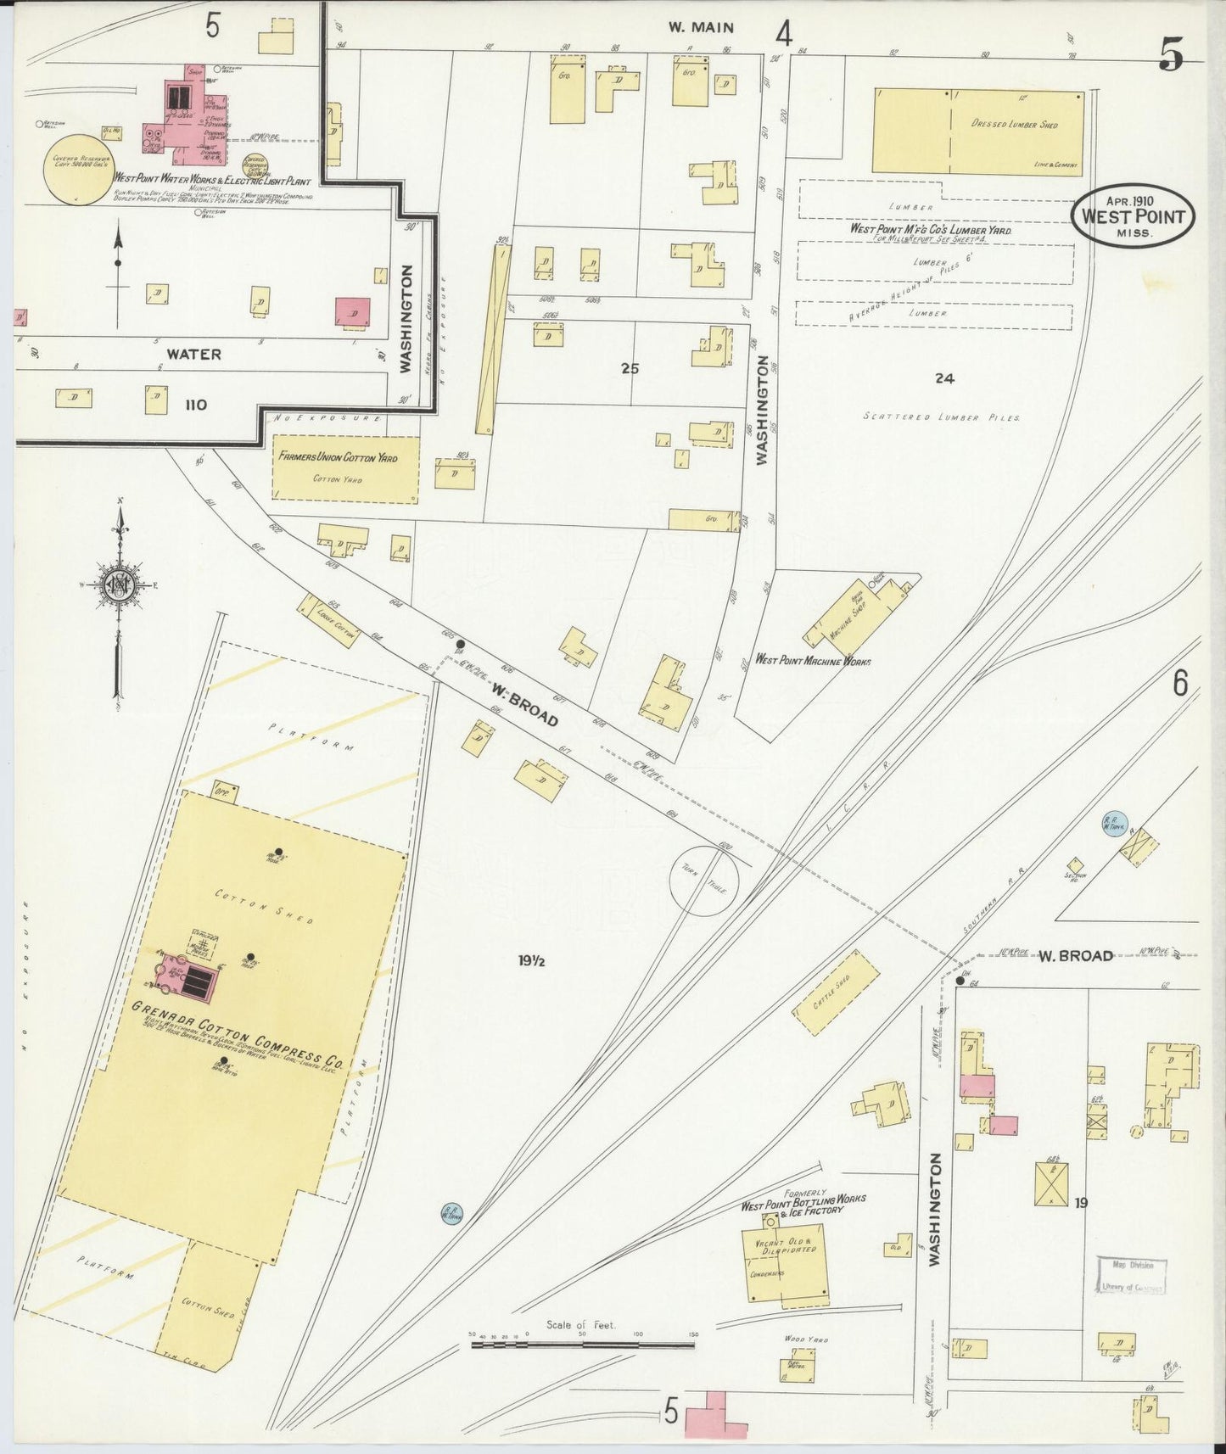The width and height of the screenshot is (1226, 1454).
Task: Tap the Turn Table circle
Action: pyautogui.click(x=704, y=881)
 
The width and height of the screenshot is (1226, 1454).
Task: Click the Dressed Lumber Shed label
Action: pyautogui.click(x=1014, y=125)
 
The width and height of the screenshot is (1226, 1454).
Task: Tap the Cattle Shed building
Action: pyautogui.click(x=836, y=993)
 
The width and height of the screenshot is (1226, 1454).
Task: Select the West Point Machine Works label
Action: pyautogui.click(x=812, y=661)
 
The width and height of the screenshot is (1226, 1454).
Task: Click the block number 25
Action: pyautogui.click(x=629, y=369)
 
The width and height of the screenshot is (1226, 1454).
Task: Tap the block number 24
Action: pyautogui.click(x=944, y=378)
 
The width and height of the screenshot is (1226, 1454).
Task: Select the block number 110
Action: pyautogui.click(x=195, y=405)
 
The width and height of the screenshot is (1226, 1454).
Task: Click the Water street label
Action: pyautogui.click(x=193, y=354)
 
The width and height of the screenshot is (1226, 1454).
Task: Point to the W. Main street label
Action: pyautogui.click(x=700, y=27)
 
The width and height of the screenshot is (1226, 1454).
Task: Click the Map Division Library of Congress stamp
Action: pyautogui.click(x=1132, y=1276)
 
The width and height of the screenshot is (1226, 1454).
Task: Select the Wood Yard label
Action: pyautogui.click(x=805, y=1339)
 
